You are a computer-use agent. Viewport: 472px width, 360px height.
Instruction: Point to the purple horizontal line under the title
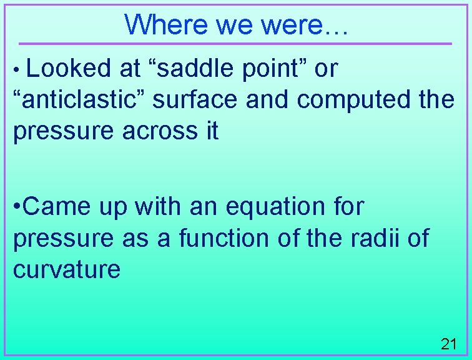(235, 44)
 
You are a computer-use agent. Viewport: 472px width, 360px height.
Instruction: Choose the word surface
(195, 100)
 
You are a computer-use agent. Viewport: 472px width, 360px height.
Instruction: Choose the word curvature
(66, 269)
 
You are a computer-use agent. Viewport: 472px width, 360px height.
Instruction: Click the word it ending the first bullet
(211, 131)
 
